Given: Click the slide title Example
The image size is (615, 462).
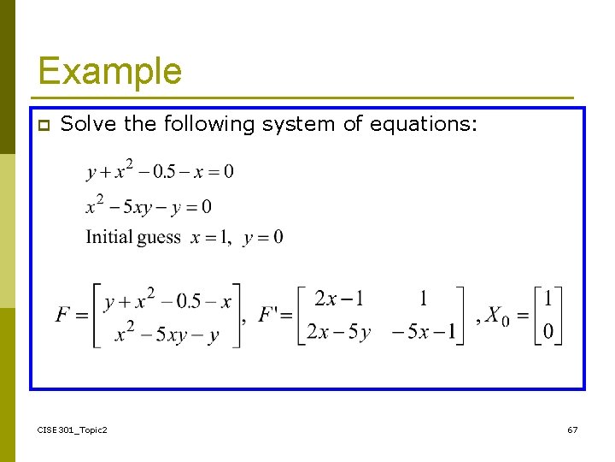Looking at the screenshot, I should point(109,71).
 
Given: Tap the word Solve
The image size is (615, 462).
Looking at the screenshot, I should point(90,124).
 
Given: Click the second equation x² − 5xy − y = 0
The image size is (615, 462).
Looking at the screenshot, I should point(149,205).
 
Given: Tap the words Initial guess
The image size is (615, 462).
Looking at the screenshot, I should point(133,237).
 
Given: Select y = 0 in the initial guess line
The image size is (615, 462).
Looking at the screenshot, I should point(263,238).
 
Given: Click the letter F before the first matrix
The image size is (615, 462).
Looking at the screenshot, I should point(63,316).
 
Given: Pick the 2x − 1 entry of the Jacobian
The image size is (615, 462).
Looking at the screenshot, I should point(338,299).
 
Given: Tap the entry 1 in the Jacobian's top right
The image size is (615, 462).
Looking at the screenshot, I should point(424,299).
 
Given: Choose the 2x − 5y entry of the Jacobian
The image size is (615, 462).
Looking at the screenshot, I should point(338,332).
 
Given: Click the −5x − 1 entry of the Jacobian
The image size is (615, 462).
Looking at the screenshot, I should point(424,332).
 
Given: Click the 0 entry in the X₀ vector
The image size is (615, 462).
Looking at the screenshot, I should point(548,332).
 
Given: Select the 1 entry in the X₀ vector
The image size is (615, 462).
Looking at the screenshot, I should point(548,299).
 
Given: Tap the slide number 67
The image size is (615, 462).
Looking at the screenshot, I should point(572,429).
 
